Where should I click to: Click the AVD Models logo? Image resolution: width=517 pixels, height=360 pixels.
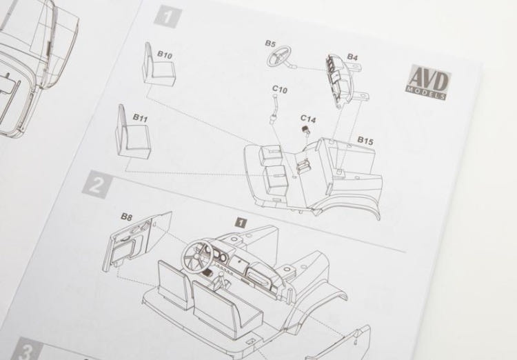pos(427,81)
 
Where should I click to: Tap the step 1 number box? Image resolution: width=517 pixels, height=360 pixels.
pos(168,17)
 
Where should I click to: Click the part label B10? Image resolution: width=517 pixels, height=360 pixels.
pos(165,54)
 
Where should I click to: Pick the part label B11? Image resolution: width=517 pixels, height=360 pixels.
pos(140,118)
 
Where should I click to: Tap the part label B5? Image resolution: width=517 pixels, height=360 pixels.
pos(270,43)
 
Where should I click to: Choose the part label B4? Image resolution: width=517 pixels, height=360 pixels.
pos(352,57)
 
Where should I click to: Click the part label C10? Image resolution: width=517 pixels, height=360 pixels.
pos(280,90)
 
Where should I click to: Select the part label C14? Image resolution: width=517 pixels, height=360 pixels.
pos(308,119)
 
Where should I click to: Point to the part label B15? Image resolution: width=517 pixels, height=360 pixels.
pos(365,141)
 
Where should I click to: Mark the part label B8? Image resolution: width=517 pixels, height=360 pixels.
pos(126,217)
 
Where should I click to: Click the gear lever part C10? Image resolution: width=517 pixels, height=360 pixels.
pos(274,108)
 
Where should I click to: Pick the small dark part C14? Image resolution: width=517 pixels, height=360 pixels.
pos(305,130)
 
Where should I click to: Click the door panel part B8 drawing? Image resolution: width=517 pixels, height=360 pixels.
pos(137,240)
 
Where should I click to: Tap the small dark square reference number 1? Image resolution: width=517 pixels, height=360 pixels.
pos(241,223)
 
